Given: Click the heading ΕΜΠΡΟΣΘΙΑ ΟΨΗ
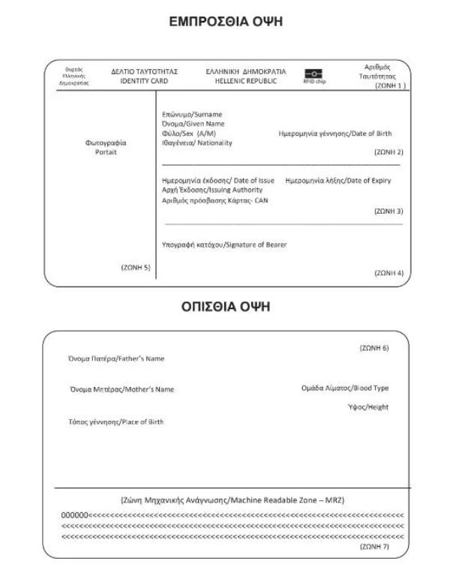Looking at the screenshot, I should pyautogui.click(x=229, y=24).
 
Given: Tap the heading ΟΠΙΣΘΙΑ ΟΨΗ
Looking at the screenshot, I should pyautogui.click(x=229, y=307).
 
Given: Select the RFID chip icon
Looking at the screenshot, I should pyautogui.click(x=313, y=73).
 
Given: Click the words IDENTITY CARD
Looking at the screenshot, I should pyautogui.click(x=144, y=80).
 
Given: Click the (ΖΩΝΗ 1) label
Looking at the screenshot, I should pyautogui.click(x=390, y=86).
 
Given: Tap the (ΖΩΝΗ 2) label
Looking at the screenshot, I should pyautogui.click(x=388, y=151).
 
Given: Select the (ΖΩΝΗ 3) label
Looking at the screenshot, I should pyautogui.click(x=388, y=211).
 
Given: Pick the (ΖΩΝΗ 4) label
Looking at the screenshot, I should pyautogui.click(x=388, y=273).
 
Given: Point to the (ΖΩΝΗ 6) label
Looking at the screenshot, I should pyautogui.click(x=374, y=348).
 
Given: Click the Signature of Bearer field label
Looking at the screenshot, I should pyautogui.click(x=224, y=244).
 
